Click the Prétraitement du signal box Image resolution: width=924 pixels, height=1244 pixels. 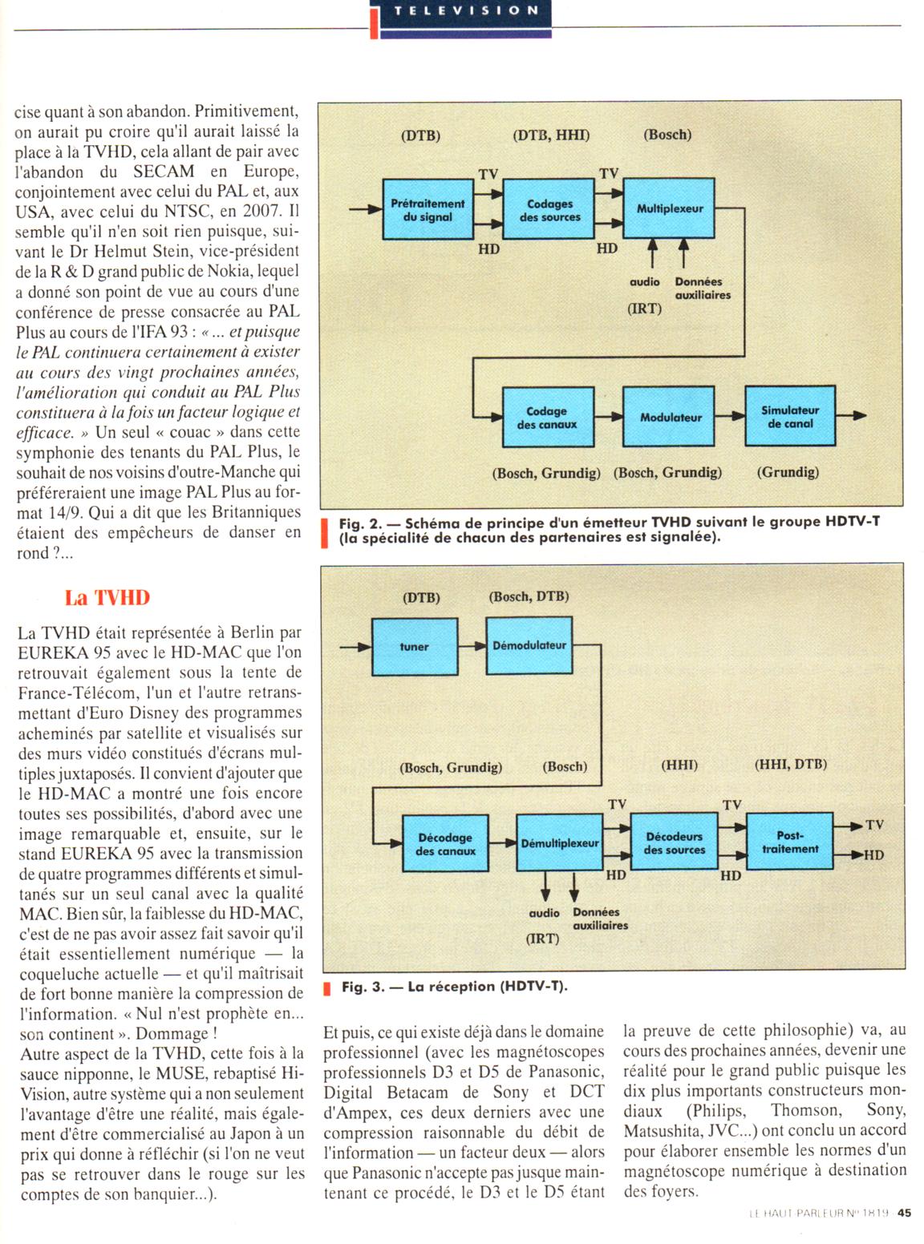point(428,210)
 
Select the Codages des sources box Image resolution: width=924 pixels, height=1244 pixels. point(549,210)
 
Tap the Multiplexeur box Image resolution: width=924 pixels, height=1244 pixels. point(669,208)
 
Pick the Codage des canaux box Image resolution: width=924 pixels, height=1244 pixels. point(548,418)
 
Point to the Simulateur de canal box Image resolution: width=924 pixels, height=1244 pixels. point(790,416)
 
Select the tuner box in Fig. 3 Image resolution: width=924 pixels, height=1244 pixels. point(414,647)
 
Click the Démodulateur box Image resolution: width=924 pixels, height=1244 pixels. point(529,645)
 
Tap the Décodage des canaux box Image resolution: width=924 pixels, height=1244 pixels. point(445,844)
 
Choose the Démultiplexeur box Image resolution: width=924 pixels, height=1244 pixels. point(560,843)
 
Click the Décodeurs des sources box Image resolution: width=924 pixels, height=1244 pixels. point(674,842)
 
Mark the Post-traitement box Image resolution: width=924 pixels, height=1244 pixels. point(789,842)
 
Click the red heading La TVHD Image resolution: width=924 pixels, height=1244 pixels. point(107,598)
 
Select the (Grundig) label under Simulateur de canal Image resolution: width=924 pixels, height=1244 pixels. point(788,472)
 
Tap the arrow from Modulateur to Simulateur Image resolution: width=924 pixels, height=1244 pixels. point(729,416)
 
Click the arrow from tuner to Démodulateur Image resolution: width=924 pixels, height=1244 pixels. point(472,646)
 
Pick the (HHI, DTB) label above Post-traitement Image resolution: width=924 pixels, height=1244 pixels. point(790,765)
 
